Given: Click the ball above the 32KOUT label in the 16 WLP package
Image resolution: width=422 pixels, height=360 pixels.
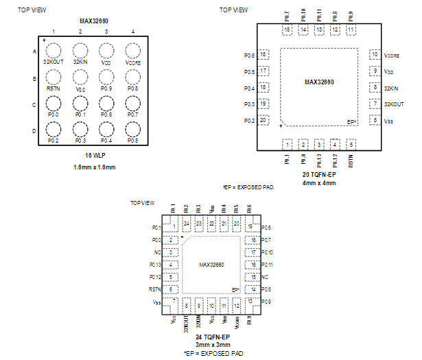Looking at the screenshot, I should (x=54, y=50).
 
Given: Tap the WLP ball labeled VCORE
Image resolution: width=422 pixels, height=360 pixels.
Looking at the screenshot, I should (x=132, y=50).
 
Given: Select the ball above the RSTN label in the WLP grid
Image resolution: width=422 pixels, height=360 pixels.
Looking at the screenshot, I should (x=54, y=76).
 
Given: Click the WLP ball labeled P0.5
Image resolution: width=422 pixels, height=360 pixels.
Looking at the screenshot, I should (x=132, y=128).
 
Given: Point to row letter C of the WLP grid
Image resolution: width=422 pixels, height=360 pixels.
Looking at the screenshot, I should (x=34, y=104).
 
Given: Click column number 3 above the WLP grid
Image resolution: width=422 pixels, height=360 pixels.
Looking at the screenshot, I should (x=106, y=32).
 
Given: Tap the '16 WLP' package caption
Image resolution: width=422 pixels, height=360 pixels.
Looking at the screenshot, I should (x=93, y=156).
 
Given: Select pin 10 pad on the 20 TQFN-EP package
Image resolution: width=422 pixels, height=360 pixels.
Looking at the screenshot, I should (x=375, y=54).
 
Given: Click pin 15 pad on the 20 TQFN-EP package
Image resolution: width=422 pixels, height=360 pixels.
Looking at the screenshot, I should (x=287, y=30).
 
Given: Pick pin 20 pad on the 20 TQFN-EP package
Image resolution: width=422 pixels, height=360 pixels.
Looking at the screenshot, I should (x=263, y=120).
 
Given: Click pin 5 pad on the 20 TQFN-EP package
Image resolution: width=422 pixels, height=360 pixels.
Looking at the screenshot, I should (x=351, y=144).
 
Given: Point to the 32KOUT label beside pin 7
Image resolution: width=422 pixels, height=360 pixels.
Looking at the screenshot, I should (x=394, y=104).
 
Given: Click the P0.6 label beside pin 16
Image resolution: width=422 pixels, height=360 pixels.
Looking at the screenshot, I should (x=250, y=55).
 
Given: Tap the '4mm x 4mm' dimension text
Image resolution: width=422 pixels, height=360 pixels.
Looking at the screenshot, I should (x=319, y=183).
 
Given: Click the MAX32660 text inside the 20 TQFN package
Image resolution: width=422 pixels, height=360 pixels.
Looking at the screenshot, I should (x=319, y=82).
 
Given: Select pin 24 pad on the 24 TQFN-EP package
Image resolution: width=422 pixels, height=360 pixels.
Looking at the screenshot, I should (x=186, y=224).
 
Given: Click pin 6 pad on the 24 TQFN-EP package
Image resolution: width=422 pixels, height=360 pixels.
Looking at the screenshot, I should (x=170, y=289).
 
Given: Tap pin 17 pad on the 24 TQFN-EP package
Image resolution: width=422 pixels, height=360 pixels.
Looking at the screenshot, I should (x=253, y=252).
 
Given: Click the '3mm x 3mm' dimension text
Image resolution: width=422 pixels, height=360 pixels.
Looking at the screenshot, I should (x=211, y=345).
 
